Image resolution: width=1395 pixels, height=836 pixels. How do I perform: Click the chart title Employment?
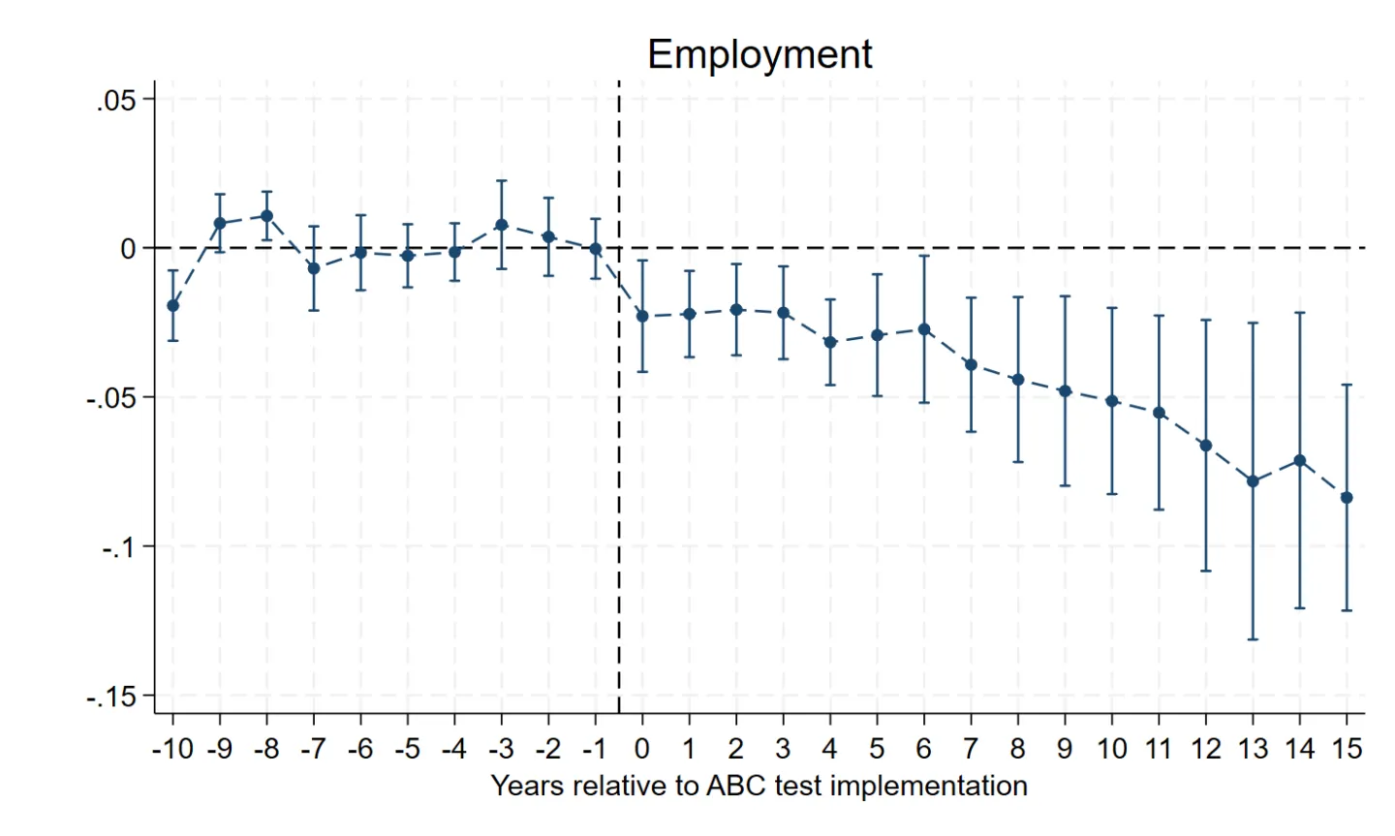(x=759, y=54)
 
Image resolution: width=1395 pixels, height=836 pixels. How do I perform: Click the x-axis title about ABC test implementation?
(x=759, y=786)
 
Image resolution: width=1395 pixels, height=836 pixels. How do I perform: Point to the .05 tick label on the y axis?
(x=117, y=101)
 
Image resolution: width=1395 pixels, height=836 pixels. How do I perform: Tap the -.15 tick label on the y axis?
(x=111, y=697)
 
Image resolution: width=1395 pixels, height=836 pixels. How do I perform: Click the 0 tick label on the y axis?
(x=128, y=249)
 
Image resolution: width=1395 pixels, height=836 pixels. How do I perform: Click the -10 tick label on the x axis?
(x=172, y=749)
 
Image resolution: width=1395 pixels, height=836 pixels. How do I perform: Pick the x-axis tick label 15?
(x=1347, y=749)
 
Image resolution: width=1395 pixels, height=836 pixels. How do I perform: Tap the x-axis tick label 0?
(x=641, y=749)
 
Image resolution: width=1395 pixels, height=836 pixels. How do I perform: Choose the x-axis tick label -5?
(x=407, y=749)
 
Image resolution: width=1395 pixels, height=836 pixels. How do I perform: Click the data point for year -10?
(x=172, y=305)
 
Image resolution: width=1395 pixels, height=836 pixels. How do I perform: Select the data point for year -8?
(x=266, y=216)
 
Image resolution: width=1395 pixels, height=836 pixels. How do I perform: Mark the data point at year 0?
(x=641, y=316)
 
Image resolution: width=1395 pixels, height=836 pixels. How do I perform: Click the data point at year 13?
(x=1253, y=481)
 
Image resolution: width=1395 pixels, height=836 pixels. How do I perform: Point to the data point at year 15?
(x=1347, y=498)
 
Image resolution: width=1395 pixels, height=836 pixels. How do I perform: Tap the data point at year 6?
(x=924, y=329)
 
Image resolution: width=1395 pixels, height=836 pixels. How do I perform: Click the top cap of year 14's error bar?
(x=1300, y=313)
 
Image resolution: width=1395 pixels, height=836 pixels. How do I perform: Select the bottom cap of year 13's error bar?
(x=1253, y=639)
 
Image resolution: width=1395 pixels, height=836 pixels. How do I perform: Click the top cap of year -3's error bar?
(x=501, y=181)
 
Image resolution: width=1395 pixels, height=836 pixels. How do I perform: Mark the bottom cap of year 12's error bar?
(x=1206, y=571)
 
